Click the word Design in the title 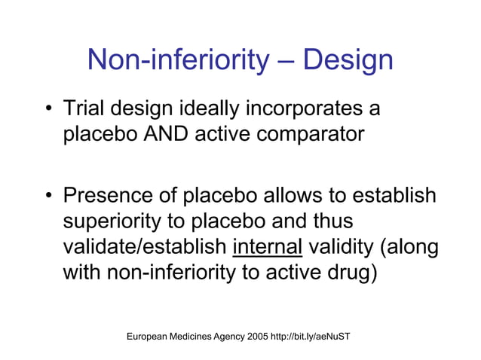click(348, 60)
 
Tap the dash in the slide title click(287, 62)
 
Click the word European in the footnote click(151, 333)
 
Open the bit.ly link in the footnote click(314, 333)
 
